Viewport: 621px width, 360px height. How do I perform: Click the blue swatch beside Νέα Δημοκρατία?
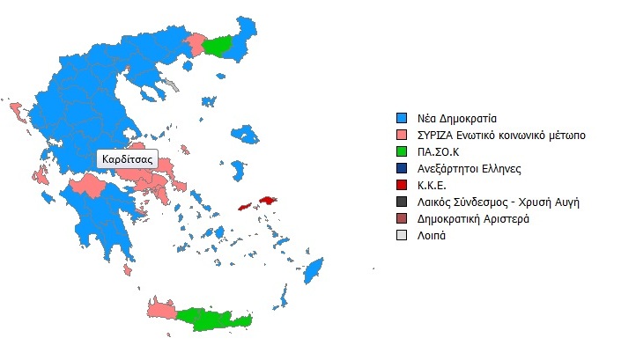pos(402,118)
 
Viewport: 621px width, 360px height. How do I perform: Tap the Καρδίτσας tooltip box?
pos(127,159)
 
